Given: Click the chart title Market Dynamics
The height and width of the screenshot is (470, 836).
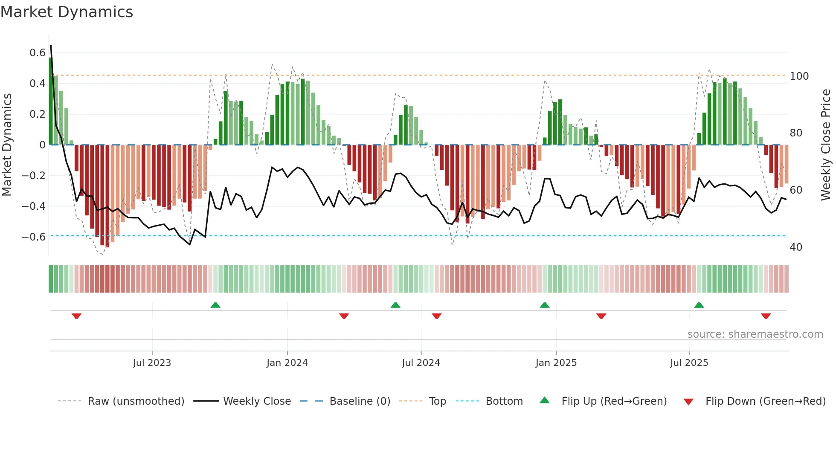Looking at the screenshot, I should pyautogui.click(x=67, y=12).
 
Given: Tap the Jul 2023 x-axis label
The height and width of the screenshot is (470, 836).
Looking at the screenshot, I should pyautogui.click(x=152, y=363).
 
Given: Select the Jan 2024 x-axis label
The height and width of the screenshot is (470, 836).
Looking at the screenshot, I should pyautogui.click(x=287, y=363).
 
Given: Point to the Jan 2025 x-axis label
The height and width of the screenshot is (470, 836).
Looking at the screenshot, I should pyautogui.click(x=556, y=363).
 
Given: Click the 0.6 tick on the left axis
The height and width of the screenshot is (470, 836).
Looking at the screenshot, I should pyautogui.click(x=38, y=53).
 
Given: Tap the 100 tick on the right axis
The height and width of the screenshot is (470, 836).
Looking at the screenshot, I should pyautogui.click(x=799, y=76).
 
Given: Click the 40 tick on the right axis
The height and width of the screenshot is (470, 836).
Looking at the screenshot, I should pyautogui.click(x=796, y=247).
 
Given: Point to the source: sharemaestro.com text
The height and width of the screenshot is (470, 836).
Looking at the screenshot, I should pyautogui.click(x=755, y=334).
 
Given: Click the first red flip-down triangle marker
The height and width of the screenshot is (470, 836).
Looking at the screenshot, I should pyautogui.click(x=77, y=316).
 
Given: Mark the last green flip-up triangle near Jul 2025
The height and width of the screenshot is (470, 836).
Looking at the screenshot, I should pyautogui.click(x=699, y=305).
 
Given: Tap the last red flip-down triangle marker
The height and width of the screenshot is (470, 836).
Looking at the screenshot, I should pyautogui.click(x=766, y=316).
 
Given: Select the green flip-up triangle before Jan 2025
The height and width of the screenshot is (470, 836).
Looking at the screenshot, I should pyautogui.click(x=545, y=305).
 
